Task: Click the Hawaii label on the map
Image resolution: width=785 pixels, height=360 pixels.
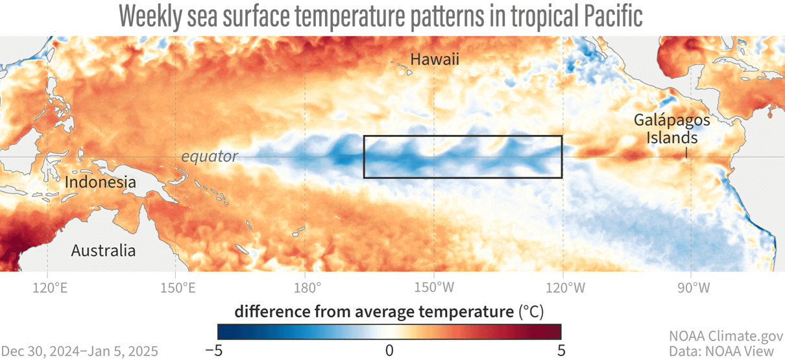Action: point(435,60)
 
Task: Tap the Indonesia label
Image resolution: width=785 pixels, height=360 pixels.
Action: point(101,182)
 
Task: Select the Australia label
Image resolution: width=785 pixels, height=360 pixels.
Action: point(103,251)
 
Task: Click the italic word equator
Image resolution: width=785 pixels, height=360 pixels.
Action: point(210,156)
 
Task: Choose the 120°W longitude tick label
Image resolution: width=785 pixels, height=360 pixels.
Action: point(562,286)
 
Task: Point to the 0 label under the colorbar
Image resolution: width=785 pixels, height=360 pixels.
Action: point(389,350)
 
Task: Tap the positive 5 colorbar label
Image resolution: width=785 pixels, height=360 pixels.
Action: point(561,350)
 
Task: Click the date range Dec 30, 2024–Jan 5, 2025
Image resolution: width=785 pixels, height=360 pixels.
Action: point(79,351)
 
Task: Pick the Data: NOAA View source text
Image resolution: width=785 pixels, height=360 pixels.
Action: point(726,351)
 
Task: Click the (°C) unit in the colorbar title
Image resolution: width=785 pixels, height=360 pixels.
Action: point(531,312)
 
